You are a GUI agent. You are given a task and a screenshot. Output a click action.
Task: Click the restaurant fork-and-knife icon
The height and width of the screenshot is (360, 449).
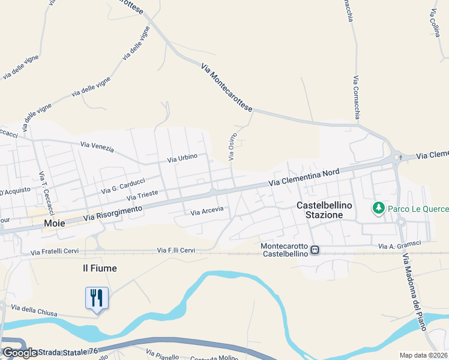click(97, 298)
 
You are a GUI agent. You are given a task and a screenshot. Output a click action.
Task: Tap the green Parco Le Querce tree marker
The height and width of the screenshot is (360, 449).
click(378, 208)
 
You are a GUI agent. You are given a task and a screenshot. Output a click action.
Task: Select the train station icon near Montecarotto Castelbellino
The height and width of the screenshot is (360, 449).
click(315, 250)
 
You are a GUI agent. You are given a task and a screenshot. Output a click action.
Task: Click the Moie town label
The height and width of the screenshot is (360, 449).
click(54, 223)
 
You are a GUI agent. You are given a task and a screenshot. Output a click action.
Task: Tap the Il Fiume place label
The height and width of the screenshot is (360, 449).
click(100, 268)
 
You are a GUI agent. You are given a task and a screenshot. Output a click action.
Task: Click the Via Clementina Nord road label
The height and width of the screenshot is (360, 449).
click(304, 177)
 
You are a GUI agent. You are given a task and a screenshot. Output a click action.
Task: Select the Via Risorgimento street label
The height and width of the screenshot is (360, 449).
click(113, 212)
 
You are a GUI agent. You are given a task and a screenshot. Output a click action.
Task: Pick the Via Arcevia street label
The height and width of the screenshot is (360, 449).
click(206, 211)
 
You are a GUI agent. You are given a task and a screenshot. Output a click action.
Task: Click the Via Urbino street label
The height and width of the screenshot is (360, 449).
click(182, 158)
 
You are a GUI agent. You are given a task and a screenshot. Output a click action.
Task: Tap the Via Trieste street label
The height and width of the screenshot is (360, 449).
click(142, 197)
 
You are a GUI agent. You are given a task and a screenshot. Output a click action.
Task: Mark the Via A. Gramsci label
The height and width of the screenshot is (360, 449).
click(399, 245)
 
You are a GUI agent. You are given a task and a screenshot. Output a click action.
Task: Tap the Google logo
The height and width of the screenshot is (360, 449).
click(19, 353)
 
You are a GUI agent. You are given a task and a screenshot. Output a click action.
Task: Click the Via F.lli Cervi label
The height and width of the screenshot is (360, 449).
click(176, 250)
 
